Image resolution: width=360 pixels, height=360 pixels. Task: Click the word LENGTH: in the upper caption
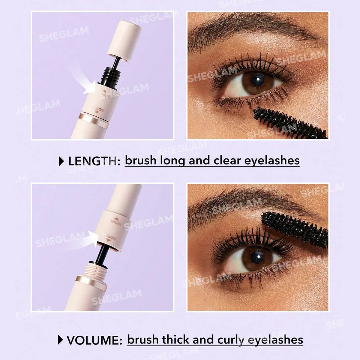94,161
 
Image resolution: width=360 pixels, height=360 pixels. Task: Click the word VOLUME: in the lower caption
94,340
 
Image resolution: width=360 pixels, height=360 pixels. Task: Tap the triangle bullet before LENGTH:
61,161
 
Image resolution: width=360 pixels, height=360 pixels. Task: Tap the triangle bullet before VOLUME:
60,340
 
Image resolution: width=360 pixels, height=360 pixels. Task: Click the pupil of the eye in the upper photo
257,80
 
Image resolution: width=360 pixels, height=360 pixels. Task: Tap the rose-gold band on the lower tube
91,285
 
